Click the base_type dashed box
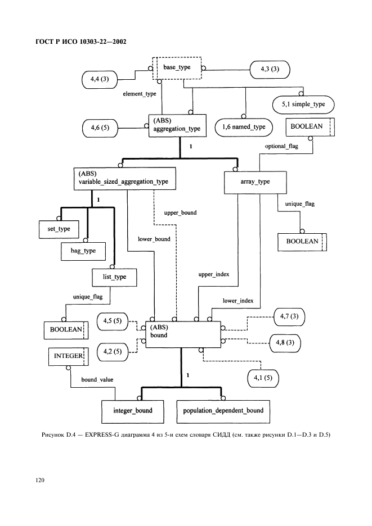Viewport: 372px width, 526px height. pyautogui.click(x=177, y=68)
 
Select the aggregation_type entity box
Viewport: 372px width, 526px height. pyautogui.click(x=177, y=125)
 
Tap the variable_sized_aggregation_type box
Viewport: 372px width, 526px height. pyautogui.click(x=125, y=179)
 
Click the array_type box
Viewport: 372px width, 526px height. pyautogui.click(x=256, y=183)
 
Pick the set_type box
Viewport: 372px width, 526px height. pyautogui.click(x=59, y=229)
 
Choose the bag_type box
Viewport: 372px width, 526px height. pyautogui.click(x=83, y=251)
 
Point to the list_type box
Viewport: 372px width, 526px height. pyautogui.click(x=115, y=278)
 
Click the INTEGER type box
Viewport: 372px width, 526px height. pyautogui.click(x=69, y=356)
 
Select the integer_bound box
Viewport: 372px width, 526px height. pyautogui.click(x=133, y=411)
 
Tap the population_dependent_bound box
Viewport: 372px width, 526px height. pyautogui.click(x=223, y=411)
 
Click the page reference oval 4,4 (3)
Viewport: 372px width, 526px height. pyautogui.click(x=100, y=79)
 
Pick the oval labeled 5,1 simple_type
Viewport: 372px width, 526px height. pyautogui.click(x=303, y=105)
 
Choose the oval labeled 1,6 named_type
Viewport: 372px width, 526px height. pyautogui.click(x=244, y=127)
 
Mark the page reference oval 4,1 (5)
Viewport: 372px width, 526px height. pyautogui.click(x=263, y=378)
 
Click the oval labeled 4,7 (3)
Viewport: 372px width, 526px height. pyautogui.click(x=289, y=317)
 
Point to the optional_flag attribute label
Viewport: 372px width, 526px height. pyautogui.click(x=281, y=146)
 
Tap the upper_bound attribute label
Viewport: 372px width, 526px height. pyautogui.click(x=181, y=212)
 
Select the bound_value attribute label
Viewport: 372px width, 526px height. pyautogui.click(x=97, y=380)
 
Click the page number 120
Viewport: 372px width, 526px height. pyautogui.click(x=39, y=480)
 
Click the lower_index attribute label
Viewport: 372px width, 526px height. pyautogui.click(x=238, y=301)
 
